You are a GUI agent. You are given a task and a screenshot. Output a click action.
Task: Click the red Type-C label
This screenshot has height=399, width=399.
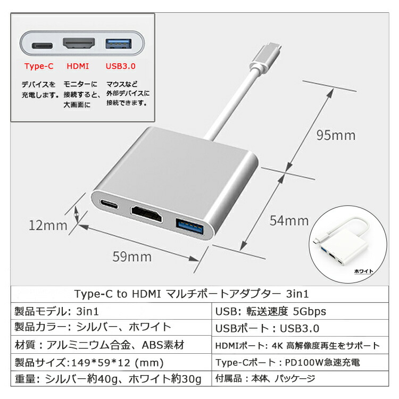coord(39,66)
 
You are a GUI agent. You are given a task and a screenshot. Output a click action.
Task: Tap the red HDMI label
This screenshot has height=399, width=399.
coord(78,66)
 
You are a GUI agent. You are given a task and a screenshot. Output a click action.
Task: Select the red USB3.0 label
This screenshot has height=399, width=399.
coord(121,66)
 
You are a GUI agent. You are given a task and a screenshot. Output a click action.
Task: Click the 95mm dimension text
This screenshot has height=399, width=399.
coord(336,135)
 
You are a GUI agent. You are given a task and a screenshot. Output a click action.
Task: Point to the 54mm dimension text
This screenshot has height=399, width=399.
coord(289,221)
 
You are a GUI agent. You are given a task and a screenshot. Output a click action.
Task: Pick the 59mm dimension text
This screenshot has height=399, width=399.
coord(132,256)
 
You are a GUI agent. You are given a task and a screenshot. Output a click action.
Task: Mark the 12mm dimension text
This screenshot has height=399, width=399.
coord(48,226)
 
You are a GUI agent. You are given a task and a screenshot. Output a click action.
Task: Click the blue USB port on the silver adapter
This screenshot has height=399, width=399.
coord(189,228)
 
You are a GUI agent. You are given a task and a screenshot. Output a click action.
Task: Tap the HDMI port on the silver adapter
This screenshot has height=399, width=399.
coord(146,214)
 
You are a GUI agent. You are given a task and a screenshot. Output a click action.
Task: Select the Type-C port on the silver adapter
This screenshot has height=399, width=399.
coord(109,204)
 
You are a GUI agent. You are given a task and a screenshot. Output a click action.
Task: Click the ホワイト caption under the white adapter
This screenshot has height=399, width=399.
coord(364,271)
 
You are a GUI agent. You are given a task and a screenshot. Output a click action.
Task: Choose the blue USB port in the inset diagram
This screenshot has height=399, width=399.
coord(119,44)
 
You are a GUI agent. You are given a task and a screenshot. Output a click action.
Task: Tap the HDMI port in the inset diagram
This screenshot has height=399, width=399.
coord(79,43)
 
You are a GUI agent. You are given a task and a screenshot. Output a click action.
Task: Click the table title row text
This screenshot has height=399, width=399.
coord(192,294)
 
